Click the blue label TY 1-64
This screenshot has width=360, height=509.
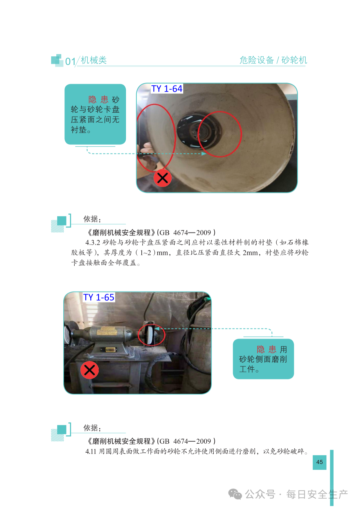[167, 89]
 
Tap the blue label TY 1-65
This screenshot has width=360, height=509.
[99, 297]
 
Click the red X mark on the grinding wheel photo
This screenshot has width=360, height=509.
[162, 178]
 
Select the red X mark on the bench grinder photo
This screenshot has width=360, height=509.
[89, 370]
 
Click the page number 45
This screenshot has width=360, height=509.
[319, 462]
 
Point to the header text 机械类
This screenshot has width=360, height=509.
[94, 60]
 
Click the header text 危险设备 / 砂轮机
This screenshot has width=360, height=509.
[273, 60]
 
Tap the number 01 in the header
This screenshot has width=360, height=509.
[70, 61]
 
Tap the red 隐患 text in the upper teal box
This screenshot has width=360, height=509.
[98, 100]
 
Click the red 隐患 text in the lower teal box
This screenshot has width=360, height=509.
[266, 349]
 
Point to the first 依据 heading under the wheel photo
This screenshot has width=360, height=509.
[92, 219]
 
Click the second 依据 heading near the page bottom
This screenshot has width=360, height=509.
[92, 428]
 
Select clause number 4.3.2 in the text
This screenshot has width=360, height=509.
[93, 243]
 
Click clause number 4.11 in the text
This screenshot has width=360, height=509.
[91, 451]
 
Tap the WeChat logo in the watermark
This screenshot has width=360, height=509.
[235, 494]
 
